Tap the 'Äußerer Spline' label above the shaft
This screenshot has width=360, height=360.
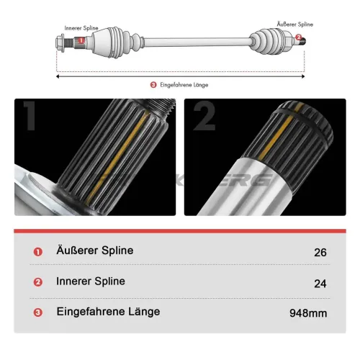[x=295, y=24]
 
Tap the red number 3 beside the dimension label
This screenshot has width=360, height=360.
[x=153, y=84]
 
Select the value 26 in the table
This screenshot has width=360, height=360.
[x=320, y=252]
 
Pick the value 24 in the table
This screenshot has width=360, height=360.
[x=320, y=283]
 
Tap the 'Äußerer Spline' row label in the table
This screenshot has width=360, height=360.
[x=94, y=251]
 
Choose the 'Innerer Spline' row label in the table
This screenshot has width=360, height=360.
[x=90, y=282]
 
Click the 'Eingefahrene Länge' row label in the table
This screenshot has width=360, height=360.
[x=108, y=312]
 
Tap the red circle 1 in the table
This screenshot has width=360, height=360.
[x=37, y=252]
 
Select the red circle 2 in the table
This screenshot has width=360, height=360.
[x=37, y=283]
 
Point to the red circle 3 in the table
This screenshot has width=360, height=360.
[x=37, y=313]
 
